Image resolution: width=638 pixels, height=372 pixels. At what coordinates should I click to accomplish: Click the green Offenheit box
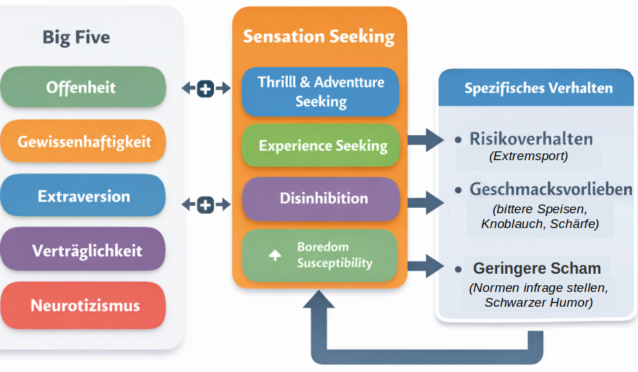82,87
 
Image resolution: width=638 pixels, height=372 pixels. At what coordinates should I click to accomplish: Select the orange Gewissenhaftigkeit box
82,142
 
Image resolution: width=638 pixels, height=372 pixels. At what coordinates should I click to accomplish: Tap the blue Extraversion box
82,196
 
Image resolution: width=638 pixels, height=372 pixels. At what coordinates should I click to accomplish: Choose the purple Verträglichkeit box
82,251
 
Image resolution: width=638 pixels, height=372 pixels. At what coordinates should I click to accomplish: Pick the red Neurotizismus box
82,305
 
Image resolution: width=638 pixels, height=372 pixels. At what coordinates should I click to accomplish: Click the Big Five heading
76,36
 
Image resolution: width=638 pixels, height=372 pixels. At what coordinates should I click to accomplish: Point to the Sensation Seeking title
319,36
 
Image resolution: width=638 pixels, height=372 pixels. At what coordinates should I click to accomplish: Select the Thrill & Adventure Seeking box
320,92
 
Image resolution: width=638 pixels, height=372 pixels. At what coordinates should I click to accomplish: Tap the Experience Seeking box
320,145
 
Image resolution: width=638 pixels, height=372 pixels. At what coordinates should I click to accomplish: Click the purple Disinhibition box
320,198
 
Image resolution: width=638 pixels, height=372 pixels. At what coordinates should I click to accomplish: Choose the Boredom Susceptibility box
320,255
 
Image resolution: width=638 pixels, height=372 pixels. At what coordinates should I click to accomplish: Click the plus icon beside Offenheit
206,88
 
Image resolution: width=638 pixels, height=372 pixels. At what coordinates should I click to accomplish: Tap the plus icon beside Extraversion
206,204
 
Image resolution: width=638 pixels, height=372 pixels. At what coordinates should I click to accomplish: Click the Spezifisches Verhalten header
538,88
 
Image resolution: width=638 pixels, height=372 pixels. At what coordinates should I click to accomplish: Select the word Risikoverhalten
531,139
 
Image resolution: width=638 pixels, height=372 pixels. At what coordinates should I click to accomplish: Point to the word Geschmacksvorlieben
551,189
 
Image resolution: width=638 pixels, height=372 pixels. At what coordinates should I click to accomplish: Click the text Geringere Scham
536,268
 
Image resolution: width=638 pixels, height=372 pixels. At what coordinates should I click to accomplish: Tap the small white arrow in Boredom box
275,256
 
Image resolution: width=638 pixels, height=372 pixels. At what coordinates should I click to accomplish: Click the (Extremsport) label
528,156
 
